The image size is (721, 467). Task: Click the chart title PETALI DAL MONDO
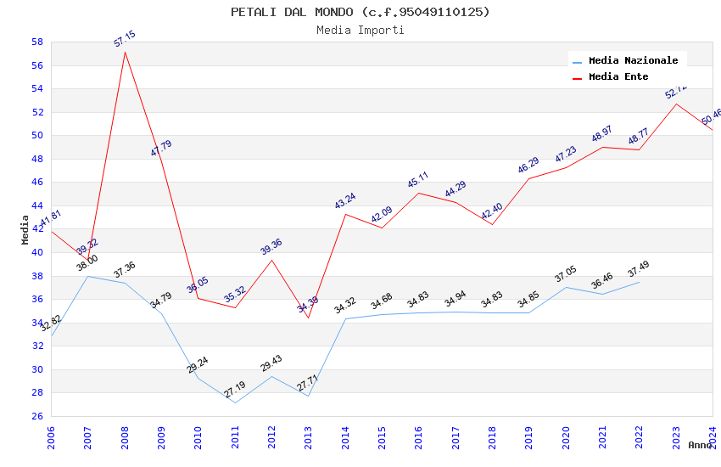coord(360,12)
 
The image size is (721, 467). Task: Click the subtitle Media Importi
coord(360,30)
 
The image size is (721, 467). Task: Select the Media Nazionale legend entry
coord(633,60)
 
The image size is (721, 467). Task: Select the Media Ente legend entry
coord(618,76)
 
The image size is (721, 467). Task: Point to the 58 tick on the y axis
coord(37,42)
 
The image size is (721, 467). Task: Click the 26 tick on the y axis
coord(37,416)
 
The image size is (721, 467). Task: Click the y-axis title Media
coord(25,229)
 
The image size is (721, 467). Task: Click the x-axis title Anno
coord(700,445)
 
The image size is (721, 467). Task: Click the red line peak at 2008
coord(125,52)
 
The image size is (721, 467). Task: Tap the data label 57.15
coord(125,39)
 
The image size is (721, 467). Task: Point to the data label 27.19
coord(234,390)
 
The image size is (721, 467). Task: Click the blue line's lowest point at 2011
coord(235,402)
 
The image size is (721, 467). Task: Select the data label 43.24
coord(345,201)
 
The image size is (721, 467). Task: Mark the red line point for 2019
coord(528,178)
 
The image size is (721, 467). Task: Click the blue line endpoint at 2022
coord(639,281)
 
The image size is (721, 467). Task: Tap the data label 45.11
coord(418,180)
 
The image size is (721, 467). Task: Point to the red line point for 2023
coord(676,104)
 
